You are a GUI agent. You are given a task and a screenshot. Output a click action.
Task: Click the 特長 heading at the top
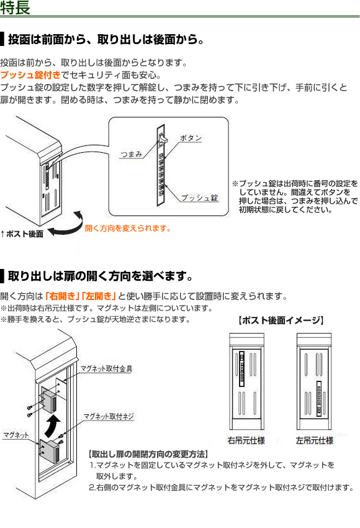tap(15, 7)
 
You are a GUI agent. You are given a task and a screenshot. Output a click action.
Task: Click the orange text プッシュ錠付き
tap(30, 75)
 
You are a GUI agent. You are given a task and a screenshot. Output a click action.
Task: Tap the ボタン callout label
tap(191, 138)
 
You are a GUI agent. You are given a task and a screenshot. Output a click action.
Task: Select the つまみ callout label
tap(131, 154)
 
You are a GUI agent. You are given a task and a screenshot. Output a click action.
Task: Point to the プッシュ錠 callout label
tap(200, 198)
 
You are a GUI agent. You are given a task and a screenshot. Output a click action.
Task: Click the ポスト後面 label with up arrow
tap(22, 234)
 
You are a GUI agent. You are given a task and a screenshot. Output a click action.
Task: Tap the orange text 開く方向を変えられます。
tap(128, 229)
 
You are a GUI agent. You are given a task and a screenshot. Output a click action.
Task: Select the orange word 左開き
tap(99, 296)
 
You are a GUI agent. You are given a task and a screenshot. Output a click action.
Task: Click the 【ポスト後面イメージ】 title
tap(281, 321)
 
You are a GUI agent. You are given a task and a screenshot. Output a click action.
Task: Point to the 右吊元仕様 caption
tap(246, 440)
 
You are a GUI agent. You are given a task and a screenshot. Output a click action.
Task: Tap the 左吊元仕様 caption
tap(315, 440)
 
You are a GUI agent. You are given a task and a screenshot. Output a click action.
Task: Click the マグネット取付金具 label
tap(106, 369)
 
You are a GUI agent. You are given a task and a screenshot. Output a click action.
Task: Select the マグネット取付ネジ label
tap(109, 417)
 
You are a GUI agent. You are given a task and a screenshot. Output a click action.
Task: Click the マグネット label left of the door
tap(16, 435)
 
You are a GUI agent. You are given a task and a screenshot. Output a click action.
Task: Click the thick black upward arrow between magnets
tap(53, 426)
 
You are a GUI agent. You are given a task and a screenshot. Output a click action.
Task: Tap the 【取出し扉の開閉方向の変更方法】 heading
tap(148, 454)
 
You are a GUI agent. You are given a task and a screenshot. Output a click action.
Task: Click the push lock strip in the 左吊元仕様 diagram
tap(319, 399)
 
